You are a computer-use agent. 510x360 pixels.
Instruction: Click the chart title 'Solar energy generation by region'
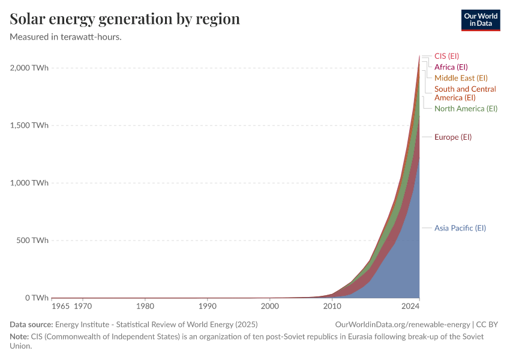coord(125,19)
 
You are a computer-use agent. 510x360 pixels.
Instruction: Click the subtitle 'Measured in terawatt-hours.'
coord(66,37)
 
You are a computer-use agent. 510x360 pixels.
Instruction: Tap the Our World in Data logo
coord(480,20)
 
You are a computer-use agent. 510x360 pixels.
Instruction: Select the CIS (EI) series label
coord(446,56)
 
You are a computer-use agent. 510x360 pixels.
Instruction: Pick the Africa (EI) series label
coord(451,67)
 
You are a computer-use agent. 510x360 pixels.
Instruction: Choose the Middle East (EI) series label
coord(461,78)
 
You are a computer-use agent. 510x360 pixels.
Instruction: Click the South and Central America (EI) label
coord(464,93)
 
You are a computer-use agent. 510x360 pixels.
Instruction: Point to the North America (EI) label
coord(466,109)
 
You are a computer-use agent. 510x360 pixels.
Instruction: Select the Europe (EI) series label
coord(453,137)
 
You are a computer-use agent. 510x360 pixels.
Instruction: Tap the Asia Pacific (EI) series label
coord(460,228)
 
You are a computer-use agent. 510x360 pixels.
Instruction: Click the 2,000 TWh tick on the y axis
coord(29,68)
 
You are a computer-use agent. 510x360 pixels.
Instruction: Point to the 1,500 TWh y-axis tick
coord(29,125)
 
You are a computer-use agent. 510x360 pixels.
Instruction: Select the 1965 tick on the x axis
coord(60,307)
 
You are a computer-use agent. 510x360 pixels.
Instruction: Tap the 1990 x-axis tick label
coord(208,307)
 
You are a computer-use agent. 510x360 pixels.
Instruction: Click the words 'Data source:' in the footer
coord(31,325)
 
